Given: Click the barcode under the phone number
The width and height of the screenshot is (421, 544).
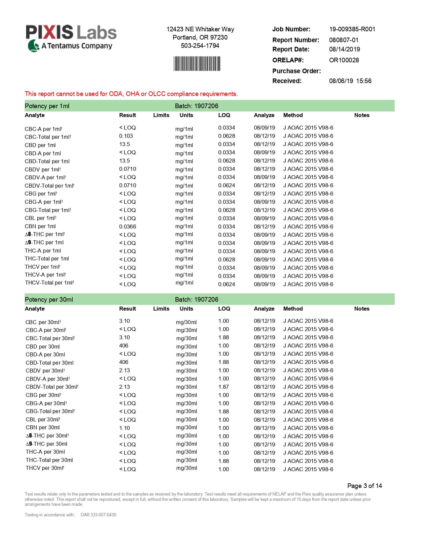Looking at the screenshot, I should [x=197, y=64].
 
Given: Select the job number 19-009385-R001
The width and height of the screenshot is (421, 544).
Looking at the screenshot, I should [x=352, y=29].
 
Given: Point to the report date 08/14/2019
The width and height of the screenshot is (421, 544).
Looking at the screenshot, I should [x=344, y=49].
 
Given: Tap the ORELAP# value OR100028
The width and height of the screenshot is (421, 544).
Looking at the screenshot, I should [x=344, y=60].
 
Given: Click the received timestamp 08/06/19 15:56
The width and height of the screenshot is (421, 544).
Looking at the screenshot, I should [x=350, y=81].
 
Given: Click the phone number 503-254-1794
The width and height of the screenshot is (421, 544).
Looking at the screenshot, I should [x=200, y=46].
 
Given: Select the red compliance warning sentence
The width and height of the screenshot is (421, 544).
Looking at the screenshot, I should [x=131, y=94].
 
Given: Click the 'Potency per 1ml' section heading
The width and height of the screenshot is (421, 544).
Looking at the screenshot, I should [x=47, y=106].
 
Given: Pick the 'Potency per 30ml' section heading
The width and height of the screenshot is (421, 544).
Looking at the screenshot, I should [x=49, y=300].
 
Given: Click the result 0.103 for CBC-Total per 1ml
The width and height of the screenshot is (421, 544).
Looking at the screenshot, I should [x=126, y=136].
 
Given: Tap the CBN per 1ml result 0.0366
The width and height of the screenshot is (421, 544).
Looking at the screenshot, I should [x=127, y=227].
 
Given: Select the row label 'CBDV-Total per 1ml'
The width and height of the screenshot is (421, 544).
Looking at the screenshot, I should [x=49, y=186].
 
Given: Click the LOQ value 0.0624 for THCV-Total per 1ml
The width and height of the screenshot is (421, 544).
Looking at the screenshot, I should [x=227, y=285].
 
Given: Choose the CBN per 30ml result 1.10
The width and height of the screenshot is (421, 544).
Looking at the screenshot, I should [x=124, y=428].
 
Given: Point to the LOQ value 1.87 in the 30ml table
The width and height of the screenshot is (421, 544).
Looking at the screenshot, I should [x=224, y=387].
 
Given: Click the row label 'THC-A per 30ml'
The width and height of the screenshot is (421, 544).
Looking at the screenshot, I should [x=45, y=452].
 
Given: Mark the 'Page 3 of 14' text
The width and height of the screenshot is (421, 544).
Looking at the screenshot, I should [x=364, y=486].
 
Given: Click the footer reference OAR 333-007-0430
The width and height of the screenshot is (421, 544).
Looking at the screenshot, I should [x=98, y=515].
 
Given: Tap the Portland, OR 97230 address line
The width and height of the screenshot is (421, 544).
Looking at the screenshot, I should [x=200, y=38].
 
